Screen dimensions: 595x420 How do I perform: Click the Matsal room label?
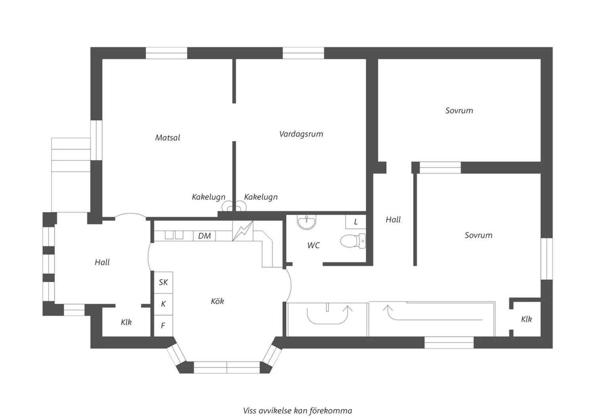(x=168, y=138)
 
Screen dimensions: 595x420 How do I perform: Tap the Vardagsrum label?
(x=301, y=134)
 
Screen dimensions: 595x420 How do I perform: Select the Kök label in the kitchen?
(x=217, y=301)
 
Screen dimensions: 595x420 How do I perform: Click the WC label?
(x=314, y=245)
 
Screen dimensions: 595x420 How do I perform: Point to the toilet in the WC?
(x=353, y=241)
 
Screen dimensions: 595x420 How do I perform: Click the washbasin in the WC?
(x=307, y=222)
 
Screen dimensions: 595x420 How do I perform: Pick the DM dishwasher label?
(x=205, y=236)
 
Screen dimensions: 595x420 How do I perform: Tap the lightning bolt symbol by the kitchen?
(x=243, y=231)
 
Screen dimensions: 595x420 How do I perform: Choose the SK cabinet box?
(x=163, y=282)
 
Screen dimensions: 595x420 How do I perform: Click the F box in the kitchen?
(x=163, y=326)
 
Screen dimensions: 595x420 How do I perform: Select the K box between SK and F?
(x=163, y=304)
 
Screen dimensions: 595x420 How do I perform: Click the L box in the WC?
(x=356, y=222)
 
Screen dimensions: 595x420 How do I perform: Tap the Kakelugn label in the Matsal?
(x=209, y=197)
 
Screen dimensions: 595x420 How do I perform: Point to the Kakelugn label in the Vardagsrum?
(x=261, y=197)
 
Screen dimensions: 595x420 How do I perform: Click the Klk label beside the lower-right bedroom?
(x=526, y=319)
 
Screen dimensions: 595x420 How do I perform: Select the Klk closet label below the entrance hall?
(x=127, y=323)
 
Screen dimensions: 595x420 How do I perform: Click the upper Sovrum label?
(x=459, y=111)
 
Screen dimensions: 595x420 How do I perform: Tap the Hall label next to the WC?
(x=393, y=220)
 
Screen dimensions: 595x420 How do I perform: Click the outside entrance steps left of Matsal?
(x=71, y=175)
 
